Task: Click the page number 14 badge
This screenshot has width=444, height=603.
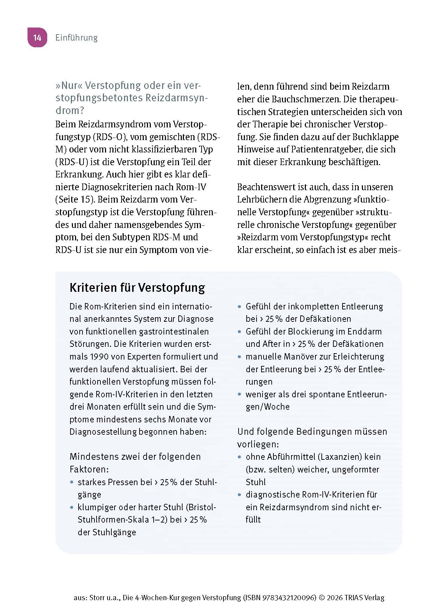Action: [x=37, y=37]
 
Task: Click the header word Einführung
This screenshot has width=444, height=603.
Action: [x=76, y=38]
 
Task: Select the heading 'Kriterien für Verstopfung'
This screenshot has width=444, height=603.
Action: [x=137, y=288]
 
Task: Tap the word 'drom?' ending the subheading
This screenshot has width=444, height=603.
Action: [x=70, y=110]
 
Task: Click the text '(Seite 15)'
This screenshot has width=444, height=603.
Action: [x=75, y=199]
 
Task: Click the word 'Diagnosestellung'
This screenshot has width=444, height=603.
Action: [x=103, y=432]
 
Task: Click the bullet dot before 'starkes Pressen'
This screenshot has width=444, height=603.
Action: [x=72, y=482]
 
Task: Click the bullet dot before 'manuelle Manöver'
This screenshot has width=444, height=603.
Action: [x=240, y=357]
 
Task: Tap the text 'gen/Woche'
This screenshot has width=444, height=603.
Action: [x=267, y=407]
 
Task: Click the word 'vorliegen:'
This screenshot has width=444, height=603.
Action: [x=258, y=444]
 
